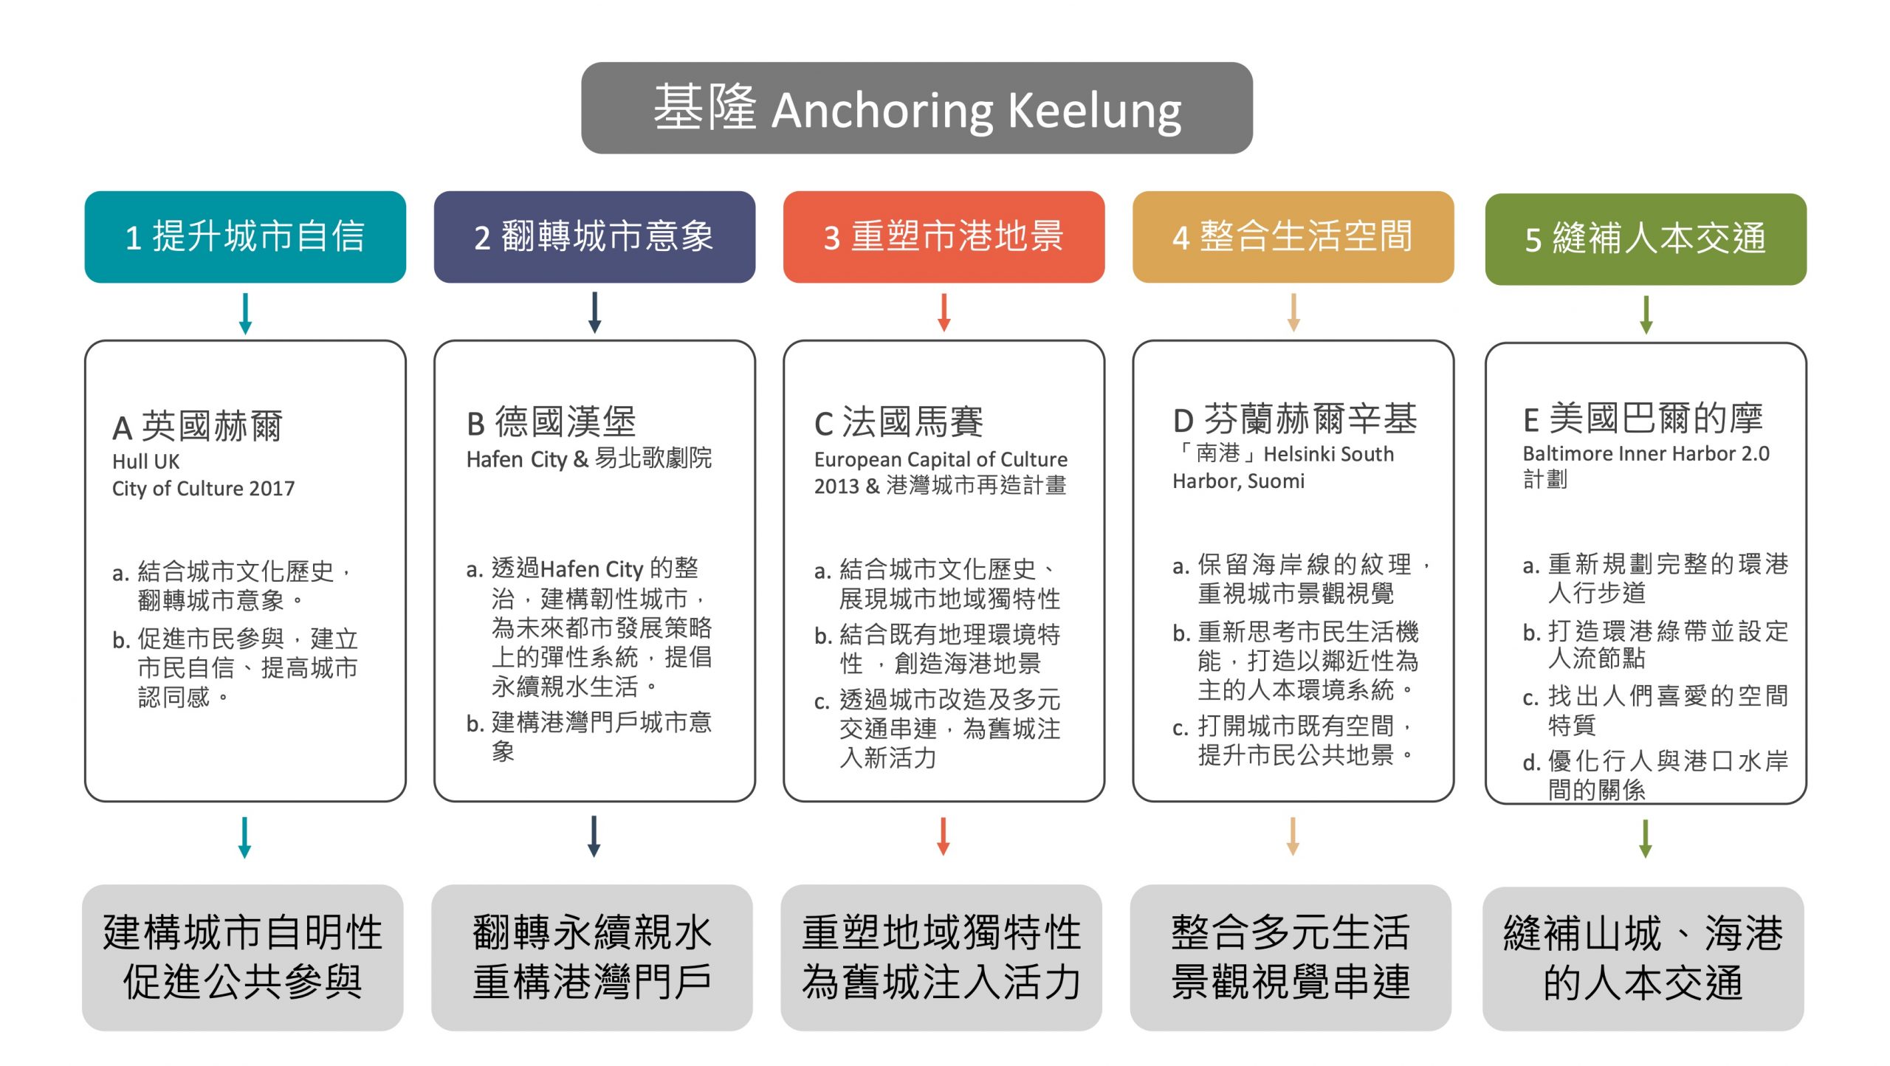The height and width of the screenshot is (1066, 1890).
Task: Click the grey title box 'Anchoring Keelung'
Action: [x=916, y=109]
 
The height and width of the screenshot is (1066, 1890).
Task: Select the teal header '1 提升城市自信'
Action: [x=245, y=237]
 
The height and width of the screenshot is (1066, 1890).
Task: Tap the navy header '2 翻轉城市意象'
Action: [x=594, y=237]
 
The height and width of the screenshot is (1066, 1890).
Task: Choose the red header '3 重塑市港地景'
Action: [x=944, y=237]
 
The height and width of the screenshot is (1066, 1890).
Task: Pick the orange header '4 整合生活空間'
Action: [x=1293, y=237]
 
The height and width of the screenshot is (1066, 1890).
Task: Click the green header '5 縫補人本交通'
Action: [x=1645, y=239]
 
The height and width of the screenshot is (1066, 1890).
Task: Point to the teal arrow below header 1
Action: [x=246, y=314]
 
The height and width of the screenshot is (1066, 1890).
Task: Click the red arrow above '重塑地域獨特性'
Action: [x=943, y=836]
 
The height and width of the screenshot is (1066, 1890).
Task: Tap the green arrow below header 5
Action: [x=1646, y=315]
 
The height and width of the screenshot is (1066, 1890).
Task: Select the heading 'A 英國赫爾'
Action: [x=198, y=427]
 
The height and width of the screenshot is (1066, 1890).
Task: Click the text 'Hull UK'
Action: [x=145, y=462]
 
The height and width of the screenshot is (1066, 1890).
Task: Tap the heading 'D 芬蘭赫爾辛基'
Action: [x=1295, y=419]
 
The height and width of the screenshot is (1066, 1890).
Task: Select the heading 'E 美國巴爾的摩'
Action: [x=1643, y=419]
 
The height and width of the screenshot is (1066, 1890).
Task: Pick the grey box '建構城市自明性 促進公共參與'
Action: [x=243, y=957]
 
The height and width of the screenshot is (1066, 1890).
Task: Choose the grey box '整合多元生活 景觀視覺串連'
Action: [x=1291, y=957]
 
